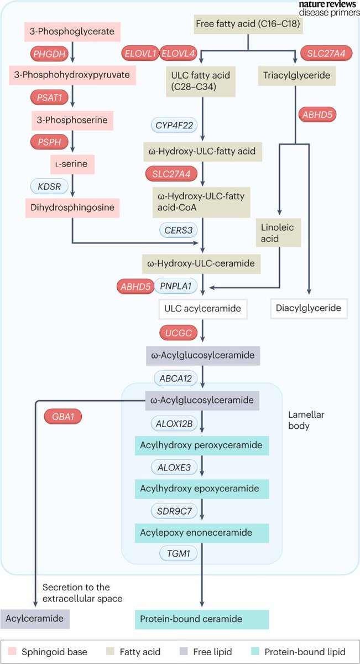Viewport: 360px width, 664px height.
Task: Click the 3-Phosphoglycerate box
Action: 72,32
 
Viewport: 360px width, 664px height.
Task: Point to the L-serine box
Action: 72,164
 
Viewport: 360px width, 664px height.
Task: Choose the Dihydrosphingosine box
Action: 72,208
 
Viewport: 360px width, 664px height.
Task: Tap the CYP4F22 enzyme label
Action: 174,126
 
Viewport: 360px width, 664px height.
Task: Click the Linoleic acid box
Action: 278,232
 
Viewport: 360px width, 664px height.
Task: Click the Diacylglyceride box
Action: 309,308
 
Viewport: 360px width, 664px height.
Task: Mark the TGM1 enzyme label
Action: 174,554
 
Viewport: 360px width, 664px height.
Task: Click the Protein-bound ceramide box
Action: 202,619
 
